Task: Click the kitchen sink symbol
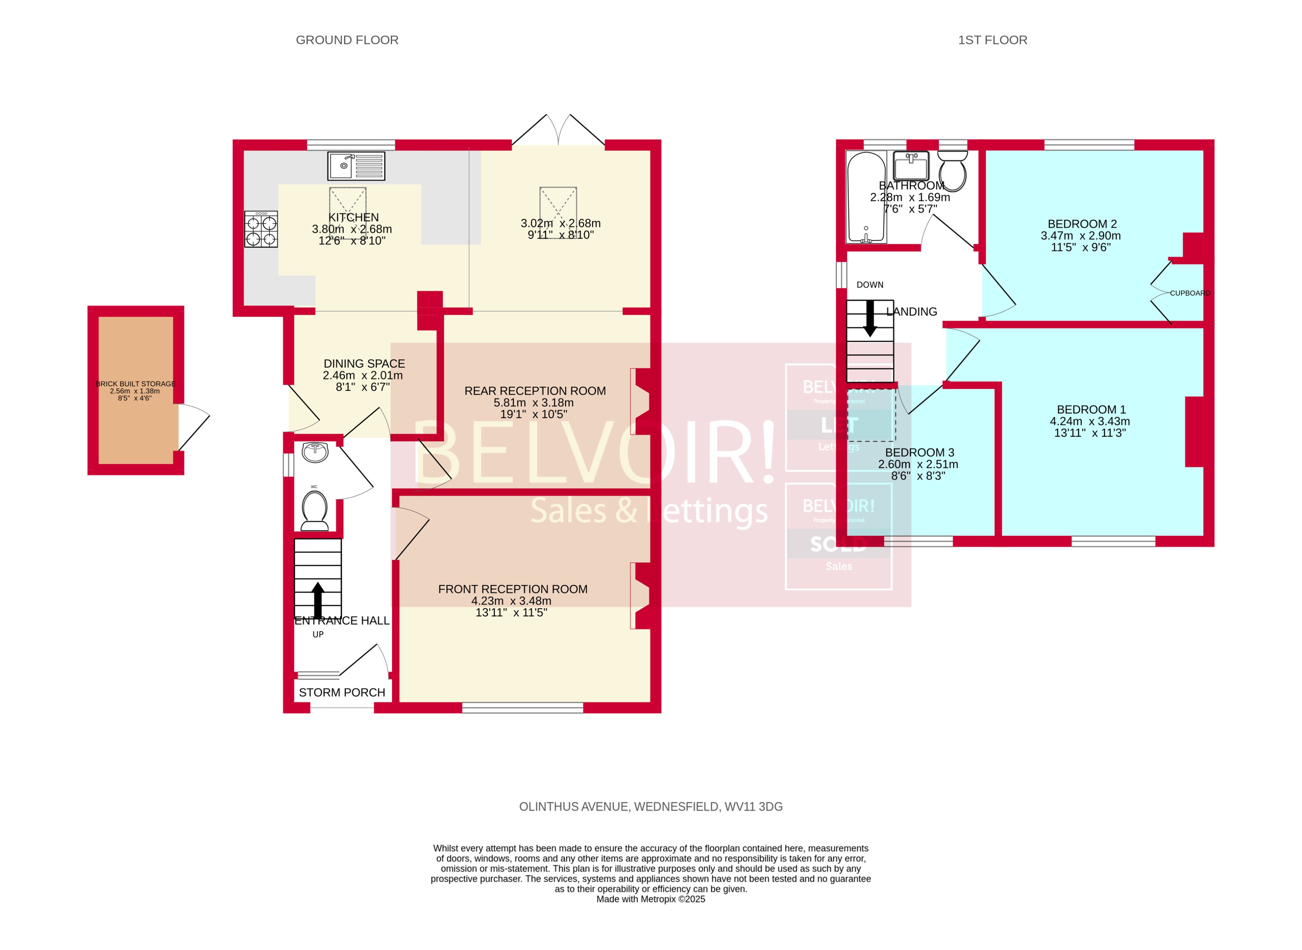point(356,166)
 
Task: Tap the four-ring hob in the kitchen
point(261,230)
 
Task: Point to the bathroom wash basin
point(911,166)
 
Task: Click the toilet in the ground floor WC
point(315,510)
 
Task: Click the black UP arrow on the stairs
point(317,600)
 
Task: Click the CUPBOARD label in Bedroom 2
point(1189,293)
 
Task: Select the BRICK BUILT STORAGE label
point(136,383)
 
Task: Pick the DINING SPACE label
point(364,363)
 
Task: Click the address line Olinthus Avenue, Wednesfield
point(650,807)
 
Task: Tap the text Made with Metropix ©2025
point(650,899)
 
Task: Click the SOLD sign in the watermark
point(838,544)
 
